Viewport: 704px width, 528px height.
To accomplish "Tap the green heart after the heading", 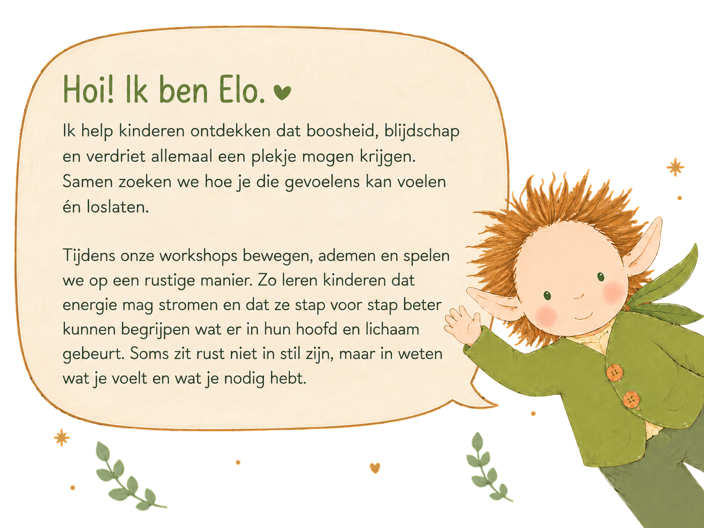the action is point(282,92).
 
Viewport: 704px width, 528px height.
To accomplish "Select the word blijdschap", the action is point(422,132).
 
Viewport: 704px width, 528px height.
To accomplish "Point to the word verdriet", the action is point(116,157).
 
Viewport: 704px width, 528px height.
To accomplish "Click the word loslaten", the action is point(118,207).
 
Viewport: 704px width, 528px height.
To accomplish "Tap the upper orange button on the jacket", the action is point(615,372).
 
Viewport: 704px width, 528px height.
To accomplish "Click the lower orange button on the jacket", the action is point(631,400).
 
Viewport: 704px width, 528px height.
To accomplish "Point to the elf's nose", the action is point(579,296).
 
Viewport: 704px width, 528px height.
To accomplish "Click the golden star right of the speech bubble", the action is point(675,167).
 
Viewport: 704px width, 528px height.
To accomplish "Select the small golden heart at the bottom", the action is point(375,468).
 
